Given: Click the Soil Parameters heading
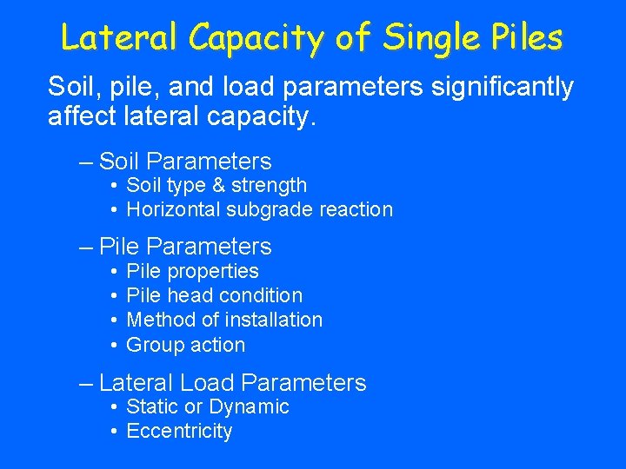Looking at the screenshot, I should pyautogui.click(x=185, y=161).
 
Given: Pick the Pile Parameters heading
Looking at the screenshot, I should pyautogui.click(x=185, y=247).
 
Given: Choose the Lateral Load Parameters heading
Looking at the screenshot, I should pyautogui.click(x=232, y=382).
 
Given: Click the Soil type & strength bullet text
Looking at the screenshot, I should pyautogui.click(x=216, y=185).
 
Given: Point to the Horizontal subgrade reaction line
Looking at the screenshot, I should pyautogui.click(x=259, y=209).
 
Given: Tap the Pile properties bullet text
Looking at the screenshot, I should pyautogui.click(x=192, y=271).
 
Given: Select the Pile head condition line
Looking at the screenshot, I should pyautogui.click(x=214, y=295).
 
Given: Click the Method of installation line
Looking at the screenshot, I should pyautogui.click(x=224, y=320).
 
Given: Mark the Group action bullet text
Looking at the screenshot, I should pyautogui.click(x=185, y=345).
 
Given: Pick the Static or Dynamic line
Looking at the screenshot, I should pyautogui.click(x=207, y=406).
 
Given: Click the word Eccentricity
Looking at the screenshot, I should pyautogui.click(x=179, y=431).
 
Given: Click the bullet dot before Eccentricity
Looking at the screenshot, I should pyautogui.click(x=115, y=432).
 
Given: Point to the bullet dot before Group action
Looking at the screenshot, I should pyautogui.click(x=115, y=345).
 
